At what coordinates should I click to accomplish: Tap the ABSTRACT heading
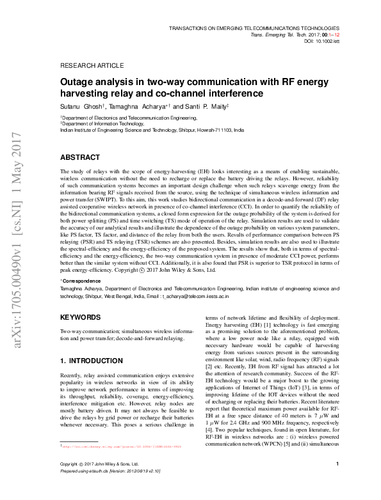click(79, 157)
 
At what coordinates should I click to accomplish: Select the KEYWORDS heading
click(80, 317)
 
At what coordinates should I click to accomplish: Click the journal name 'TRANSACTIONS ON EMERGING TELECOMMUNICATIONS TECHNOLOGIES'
click(253, 29)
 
